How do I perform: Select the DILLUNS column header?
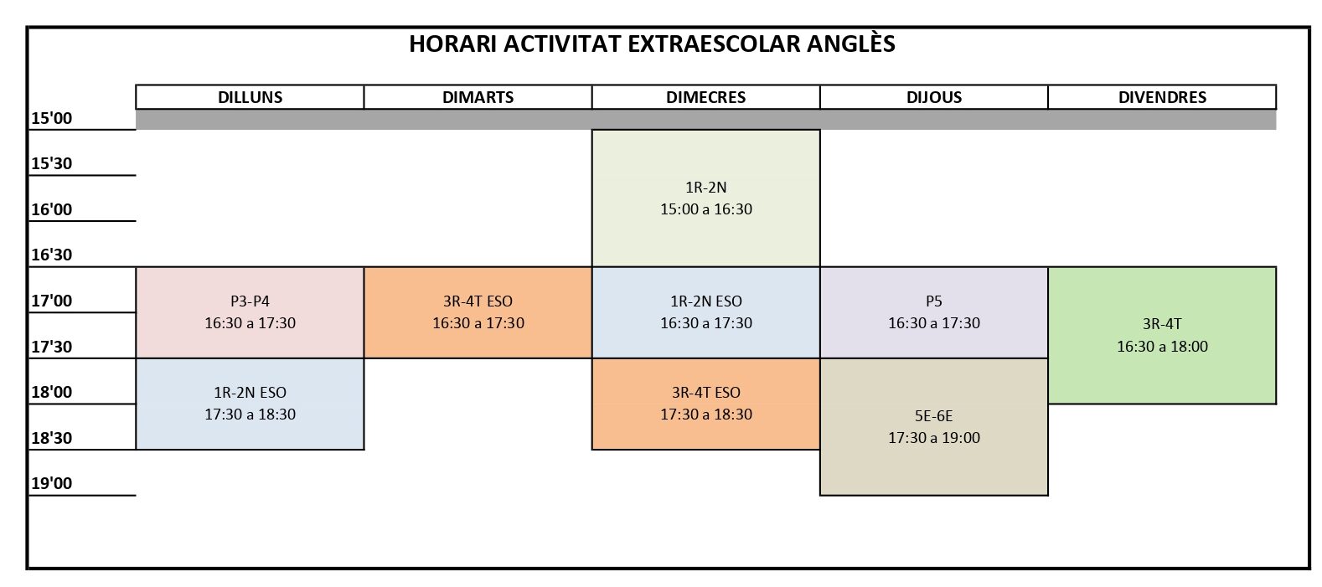[250, 97]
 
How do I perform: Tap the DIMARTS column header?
[478, 97]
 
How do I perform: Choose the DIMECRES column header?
[706, 97]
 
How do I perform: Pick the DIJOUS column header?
[934, 97]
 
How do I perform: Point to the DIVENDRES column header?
[1162, 97]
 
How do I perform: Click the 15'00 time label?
[51, 118]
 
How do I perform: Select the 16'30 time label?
[51, 255]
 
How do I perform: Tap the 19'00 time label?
[51, 483]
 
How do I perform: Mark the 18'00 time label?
[51, 392]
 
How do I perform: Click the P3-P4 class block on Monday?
[250, 312]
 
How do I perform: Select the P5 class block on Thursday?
[934, 312]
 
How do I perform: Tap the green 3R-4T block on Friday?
[1162, 335]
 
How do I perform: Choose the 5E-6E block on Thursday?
[934, 426]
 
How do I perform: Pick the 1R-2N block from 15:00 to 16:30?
[706, 198]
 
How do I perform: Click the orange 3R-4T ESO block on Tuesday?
[478, 312]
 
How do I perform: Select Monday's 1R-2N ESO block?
[250, 404]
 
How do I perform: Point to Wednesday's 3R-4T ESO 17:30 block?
[706, 404]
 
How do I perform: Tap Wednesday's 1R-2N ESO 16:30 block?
[706, 312]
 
